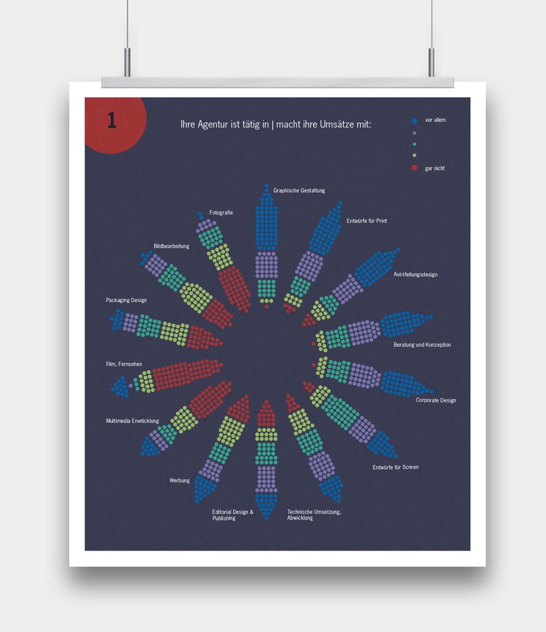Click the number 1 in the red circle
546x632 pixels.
point(112,120)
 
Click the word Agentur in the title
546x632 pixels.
point(216,124)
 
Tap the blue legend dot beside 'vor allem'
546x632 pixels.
point(414,120)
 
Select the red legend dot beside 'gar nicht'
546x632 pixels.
point(414,168)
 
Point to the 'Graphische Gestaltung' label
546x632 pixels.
point(299,190)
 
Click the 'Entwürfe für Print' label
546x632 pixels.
point(366,221)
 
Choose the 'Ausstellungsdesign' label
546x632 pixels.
point(416,275)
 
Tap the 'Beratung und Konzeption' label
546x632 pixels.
point(422,345)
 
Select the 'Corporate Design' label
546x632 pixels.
point(436,401)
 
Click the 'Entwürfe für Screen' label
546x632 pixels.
point(396,467)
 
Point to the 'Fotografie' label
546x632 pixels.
point(221,212)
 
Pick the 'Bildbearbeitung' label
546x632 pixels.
point(171,246)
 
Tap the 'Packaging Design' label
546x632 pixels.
point(126,300)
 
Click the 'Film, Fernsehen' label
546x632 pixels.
point(124,364)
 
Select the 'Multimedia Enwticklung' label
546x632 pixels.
point(133,421)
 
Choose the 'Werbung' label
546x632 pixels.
point(180,480)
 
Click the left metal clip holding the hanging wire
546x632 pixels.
point(127,62)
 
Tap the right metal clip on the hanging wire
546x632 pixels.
point(431,62)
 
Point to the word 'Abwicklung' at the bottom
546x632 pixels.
point(300,518)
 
